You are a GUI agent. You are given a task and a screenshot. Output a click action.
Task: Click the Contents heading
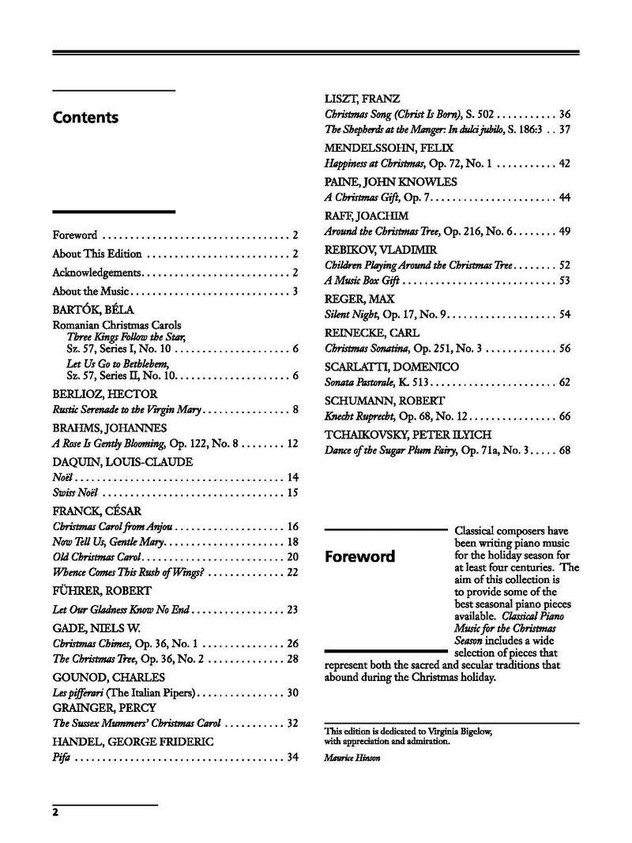85,118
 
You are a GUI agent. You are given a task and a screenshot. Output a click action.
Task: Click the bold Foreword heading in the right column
360,557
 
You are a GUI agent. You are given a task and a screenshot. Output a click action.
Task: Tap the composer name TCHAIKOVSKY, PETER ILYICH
408,435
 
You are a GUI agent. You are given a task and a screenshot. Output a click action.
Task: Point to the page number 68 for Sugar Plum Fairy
564,451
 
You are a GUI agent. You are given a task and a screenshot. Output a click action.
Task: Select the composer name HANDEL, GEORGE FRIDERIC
133,742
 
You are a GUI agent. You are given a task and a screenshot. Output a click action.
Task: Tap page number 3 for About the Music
295,292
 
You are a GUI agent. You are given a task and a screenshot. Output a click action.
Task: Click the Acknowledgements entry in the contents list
96,273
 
